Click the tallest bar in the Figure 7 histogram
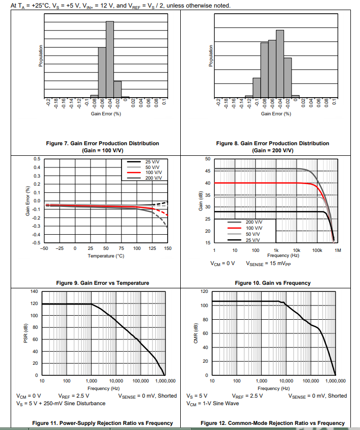[x=110, y=58]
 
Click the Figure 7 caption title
[x=103, y=144]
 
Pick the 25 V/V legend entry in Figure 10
[x=254, y=240]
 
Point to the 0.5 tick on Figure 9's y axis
[x=36, y=159]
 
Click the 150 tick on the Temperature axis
[x=168, y=249]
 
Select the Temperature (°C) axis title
[x=106, y=256]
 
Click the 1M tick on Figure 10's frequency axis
[x=338, y=250]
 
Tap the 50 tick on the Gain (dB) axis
[x=207, y=159]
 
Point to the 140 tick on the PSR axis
[x=34, y=291]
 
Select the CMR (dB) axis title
[x=195, y=333]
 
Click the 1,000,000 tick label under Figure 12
[x=335, y=381]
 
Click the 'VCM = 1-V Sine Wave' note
[x=213, y=403]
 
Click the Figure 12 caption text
[x=272, y=423]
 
